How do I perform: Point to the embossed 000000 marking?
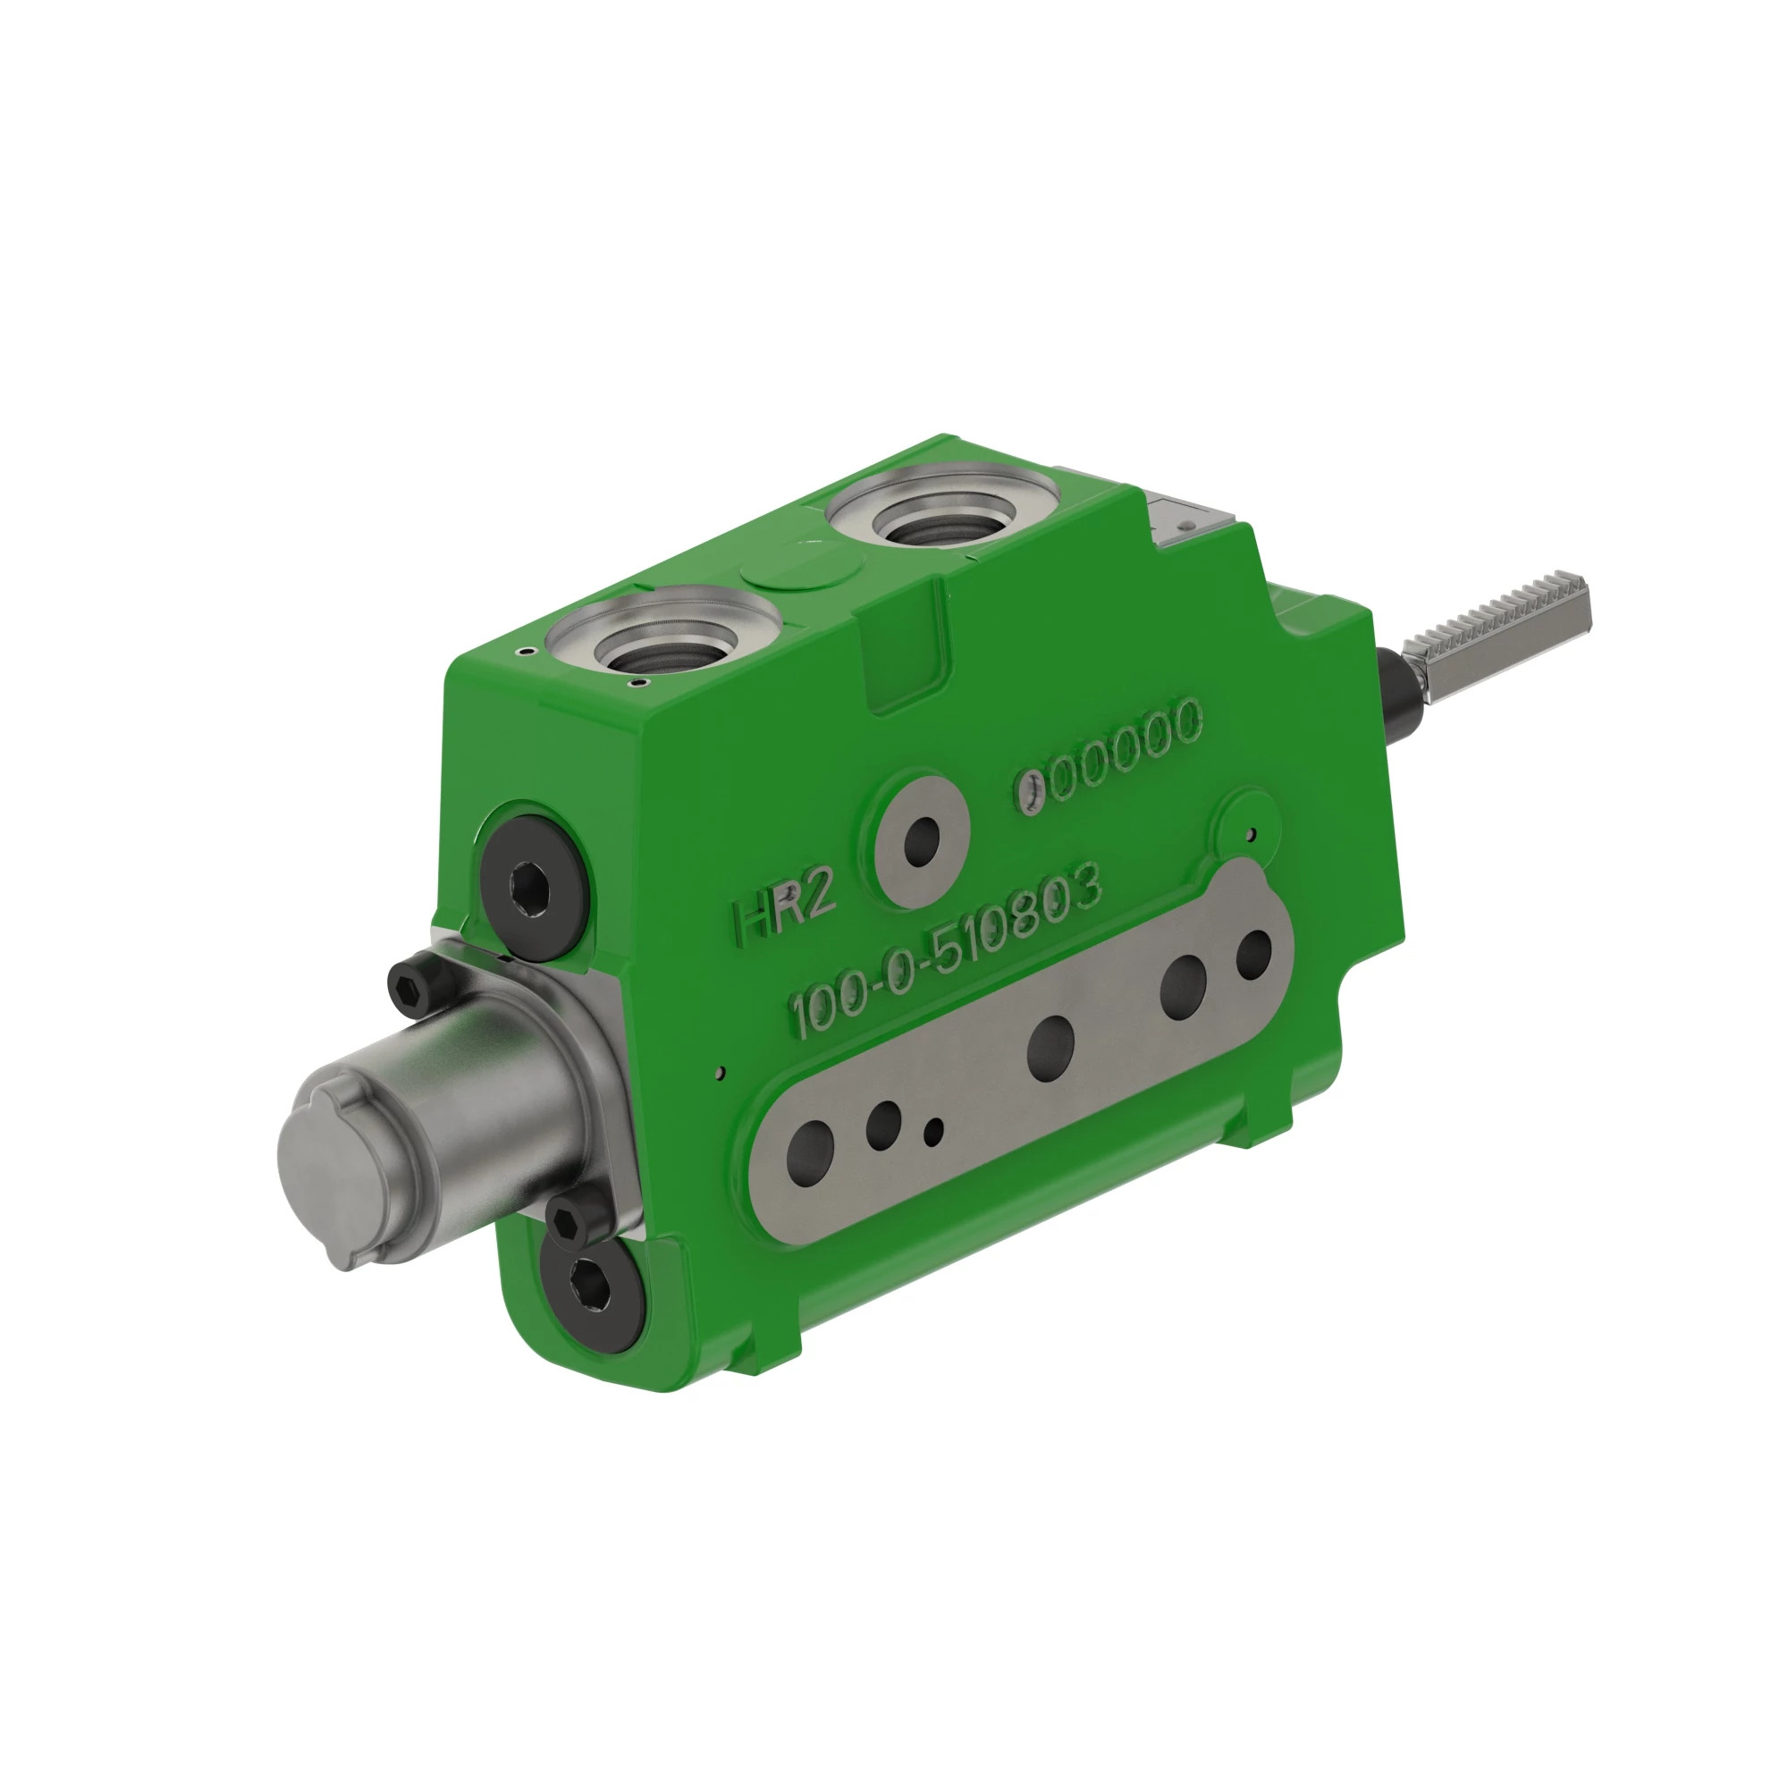[1110, 755]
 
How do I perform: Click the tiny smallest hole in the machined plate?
[936, 1129]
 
